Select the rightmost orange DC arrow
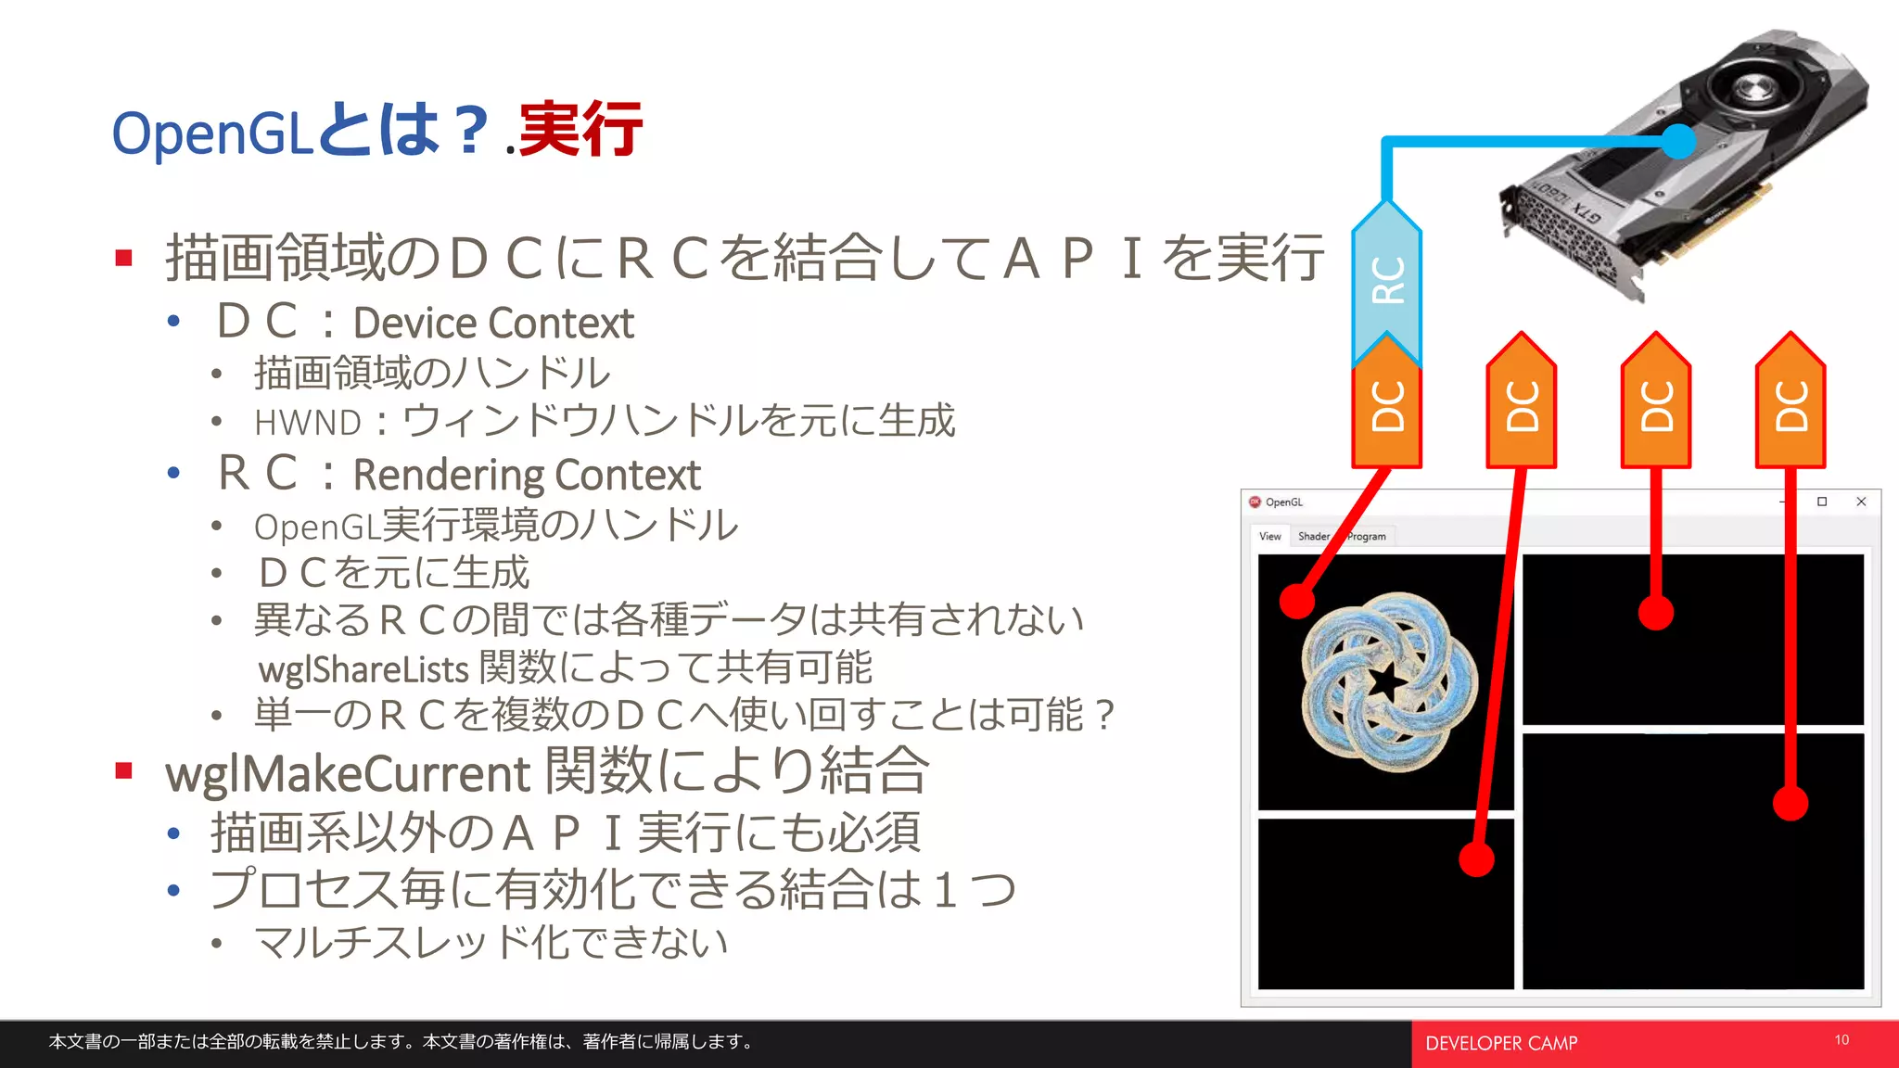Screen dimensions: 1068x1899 tap(1791, 404)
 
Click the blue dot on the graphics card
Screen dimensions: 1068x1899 tap(1677, 142)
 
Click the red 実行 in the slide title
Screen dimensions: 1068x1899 tap(580, 130)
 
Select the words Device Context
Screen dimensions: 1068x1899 tap(493, 324)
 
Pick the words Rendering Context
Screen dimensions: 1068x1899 tap(527, 475)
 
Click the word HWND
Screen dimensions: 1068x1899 tap(308, 423)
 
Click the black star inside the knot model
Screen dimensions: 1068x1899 tap(1388, 682)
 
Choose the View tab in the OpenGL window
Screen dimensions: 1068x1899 tap(1269, 536)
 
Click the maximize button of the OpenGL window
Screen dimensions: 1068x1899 tap(1822, 502)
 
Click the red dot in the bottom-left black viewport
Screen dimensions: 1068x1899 tap(1476, 858)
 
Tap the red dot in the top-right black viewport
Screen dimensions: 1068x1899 tap(1655, 613)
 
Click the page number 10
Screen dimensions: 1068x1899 tap(1842, 1040)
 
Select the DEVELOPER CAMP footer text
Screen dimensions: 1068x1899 tap(1501, 1043)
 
